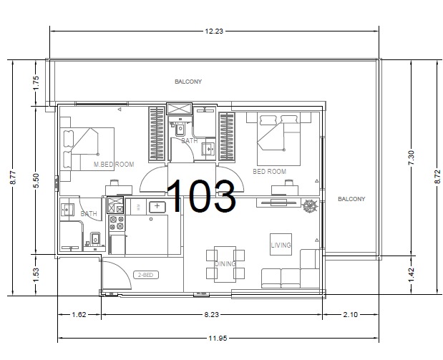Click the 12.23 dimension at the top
[214, 31]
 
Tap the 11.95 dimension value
[218, 338]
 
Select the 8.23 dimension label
[211, 314]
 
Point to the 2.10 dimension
[351, 314]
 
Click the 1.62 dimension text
[79, 314]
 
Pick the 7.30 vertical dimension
[411, 157]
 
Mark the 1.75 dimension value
[36, 83]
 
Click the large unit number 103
[201, 196]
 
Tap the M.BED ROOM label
[114, 165]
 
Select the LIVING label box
[281, 245]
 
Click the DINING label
[225, 264]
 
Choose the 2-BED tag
[146, 275]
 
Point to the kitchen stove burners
[117, 223]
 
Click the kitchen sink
[157, 207]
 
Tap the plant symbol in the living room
[310, 205]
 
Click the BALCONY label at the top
[188, 82]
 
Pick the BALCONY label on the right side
[351, 199]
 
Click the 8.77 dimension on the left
[14, 177]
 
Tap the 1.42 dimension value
[411, 274]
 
